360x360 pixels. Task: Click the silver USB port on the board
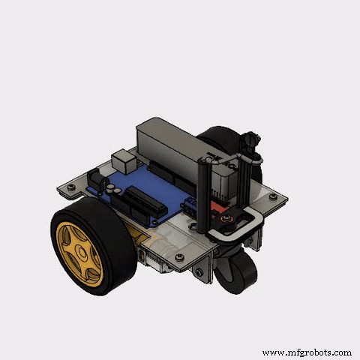[x=120, y=161]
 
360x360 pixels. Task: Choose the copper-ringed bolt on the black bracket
[x=225, y=218]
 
